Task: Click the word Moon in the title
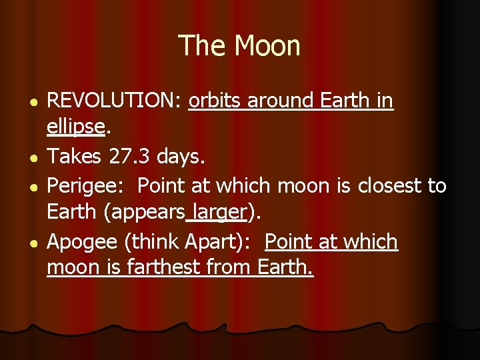[x=267, y=46]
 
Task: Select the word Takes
[x=73, y=157]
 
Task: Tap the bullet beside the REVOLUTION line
[x=23, y=102]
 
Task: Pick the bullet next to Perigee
[x=23, y=187]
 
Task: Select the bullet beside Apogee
[x=23, y=243]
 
